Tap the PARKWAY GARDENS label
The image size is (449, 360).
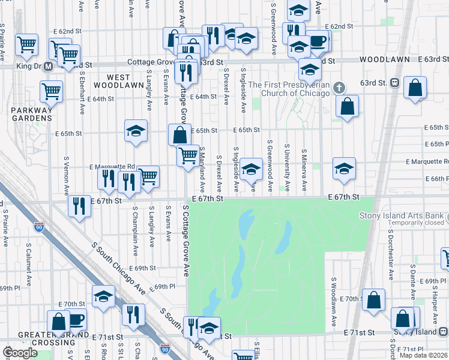click(x=31, y=114)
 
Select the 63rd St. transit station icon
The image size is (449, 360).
click(x=395, y=82)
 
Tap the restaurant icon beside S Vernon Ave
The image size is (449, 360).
click(x=79, y=206)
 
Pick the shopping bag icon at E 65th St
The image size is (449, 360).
click(x=180, y=134)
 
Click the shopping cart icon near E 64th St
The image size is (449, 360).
click(x=52, y=91)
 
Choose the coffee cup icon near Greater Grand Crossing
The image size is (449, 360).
click(x=77, y=319)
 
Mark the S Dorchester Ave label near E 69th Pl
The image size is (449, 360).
click(x=391, y=262)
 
